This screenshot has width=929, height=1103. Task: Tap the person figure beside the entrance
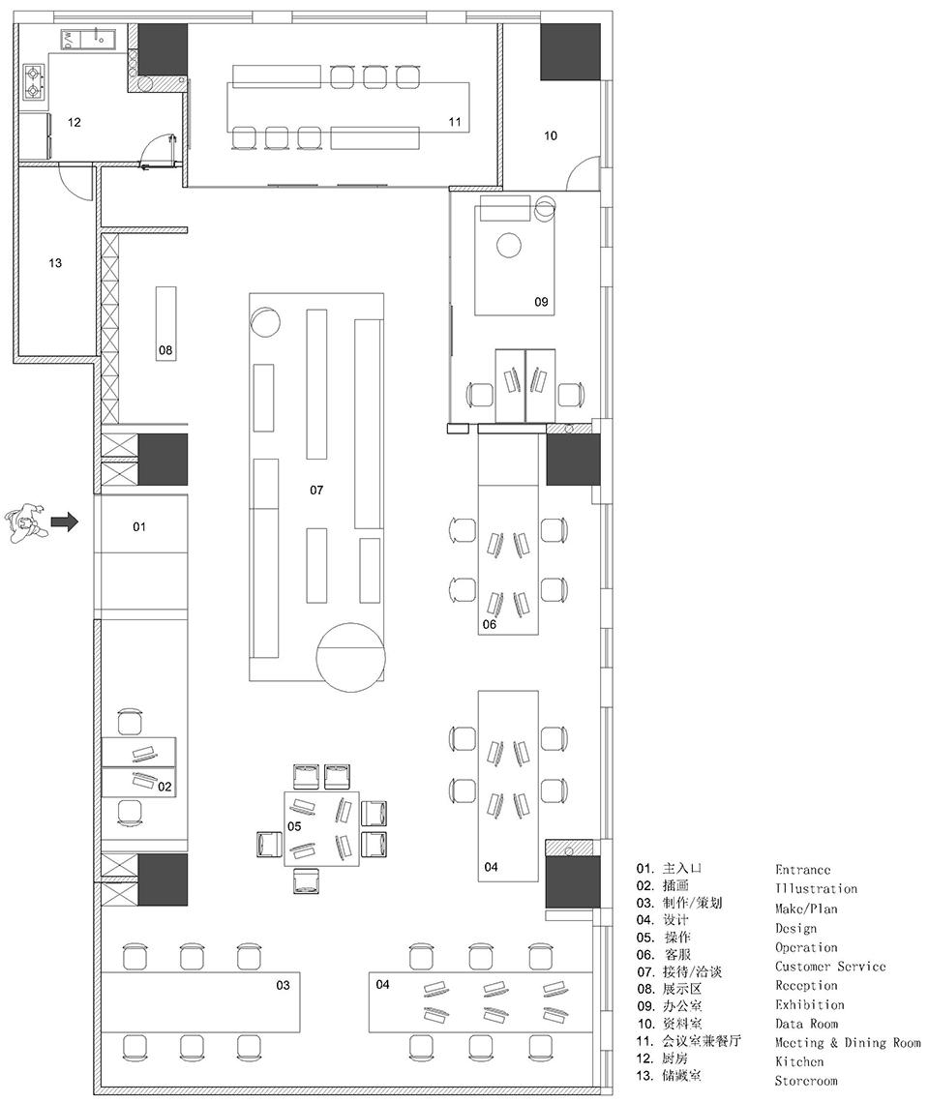click(x=26, y=522)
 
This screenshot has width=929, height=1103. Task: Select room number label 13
click(x=55, y=263)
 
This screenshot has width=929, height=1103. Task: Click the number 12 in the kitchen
click(x=74, y=122)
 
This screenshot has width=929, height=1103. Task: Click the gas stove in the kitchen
click(x=35, y=81)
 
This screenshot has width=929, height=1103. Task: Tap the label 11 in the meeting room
click(x=455, y=122)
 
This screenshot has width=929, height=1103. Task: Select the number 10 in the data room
click(x=551, y=135)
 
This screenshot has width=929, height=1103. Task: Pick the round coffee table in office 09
click(x=508, y=246)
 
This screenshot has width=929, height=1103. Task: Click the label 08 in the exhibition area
click(x=166, y=350)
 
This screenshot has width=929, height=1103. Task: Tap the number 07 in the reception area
click(x=316, y=491)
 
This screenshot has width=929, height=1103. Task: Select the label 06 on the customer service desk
click(x=490, y=624)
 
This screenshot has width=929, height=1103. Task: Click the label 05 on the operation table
click(x=294, y=827)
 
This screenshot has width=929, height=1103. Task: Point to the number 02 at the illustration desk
click(x=165, y=787)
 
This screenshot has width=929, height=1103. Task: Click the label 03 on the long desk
click(x=283, y=985)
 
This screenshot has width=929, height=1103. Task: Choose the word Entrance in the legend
click(x=802, y=870)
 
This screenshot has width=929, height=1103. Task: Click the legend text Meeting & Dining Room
click(x=848, y=1043)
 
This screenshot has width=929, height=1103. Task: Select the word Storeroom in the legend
click(x=806, y=1081)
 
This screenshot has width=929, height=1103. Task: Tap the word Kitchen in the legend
click(x=798, y=1061)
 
